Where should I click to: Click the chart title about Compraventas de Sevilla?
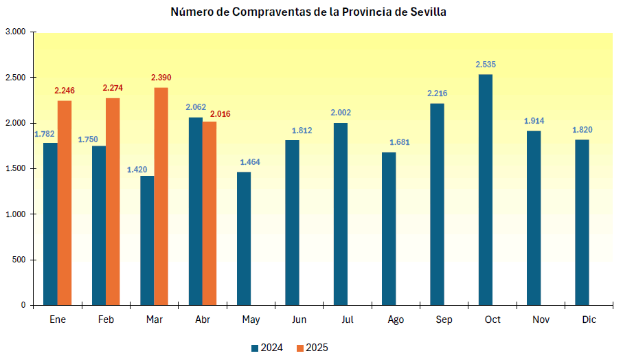309,12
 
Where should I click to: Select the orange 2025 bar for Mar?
161,196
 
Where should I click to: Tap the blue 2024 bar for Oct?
485,190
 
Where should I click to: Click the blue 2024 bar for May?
244,238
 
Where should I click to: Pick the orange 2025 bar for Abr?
209,213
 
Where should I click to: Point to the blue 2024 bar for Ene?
50,224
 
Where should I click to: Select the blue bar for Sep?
437,204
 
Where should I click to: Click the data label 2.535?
486,65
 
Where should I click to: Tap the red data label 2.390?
161,78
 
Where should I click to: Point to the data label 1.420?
138,169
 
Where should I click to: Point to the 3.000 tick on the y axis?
15,32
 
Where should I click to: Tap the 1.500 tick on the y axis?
15,168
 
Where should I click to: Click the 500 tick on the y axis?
19,260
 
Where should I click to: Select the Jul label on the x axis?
347,320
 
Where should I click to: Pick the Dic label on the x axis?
589,320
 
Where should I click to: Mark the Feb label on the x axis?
106,320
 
